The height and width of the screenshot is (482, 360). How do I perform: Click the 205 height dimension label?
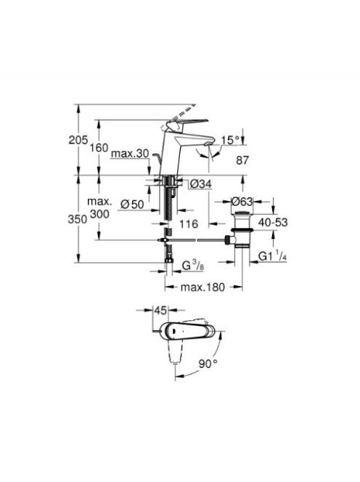coord(78,140)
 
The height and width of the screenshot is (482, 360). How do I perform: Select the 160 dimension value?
coord(99,148)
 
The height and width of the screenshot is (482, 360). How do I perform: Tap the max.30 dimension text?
coord(130,153)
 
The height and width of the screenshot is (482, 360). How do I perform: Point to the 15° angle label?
coord(231,140)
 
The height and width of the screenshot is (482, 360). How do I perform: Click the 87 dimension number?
coord(242,160)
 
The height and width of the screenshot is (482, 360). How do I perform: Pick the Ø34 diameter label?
coord(201,184)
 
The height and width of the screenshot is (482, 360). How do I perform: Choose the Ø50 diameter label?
coord(132,204)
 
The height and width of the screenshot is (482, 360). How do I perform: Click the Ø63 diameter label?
coord(242,202)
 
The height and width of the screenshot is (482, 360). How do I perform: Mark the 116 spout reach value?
coord(189,224)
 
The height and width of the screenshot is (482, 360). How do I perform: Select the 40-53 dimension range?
coord(273,222)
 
